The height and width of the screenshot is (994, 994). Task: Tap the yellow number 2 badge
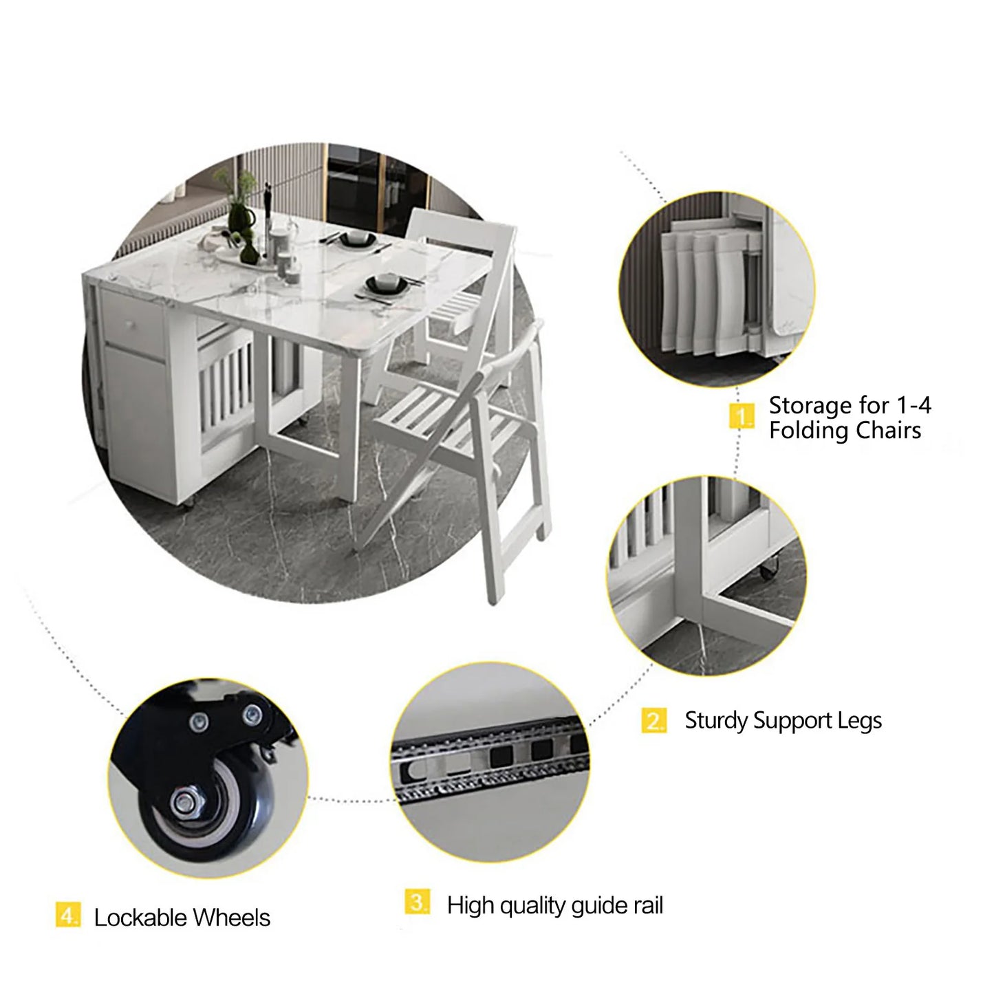pyautogui.click(x=653, y=720)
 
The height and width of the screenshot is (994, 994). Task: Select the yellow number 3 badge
pyautogui.click(x=417, y=902)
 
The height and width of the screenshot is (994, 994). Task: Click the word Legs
pyautogui.click(x=860, y=721)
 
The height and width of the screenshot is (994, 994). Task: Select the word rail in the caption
pyautogui.click(x=648, y=905)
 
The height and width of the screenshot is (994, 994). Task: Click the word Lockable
pyautogui.click(x=140, y=918)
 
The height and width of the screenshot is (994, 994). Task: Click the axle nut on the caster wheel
pyautogui.click(x=184, y=801)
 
